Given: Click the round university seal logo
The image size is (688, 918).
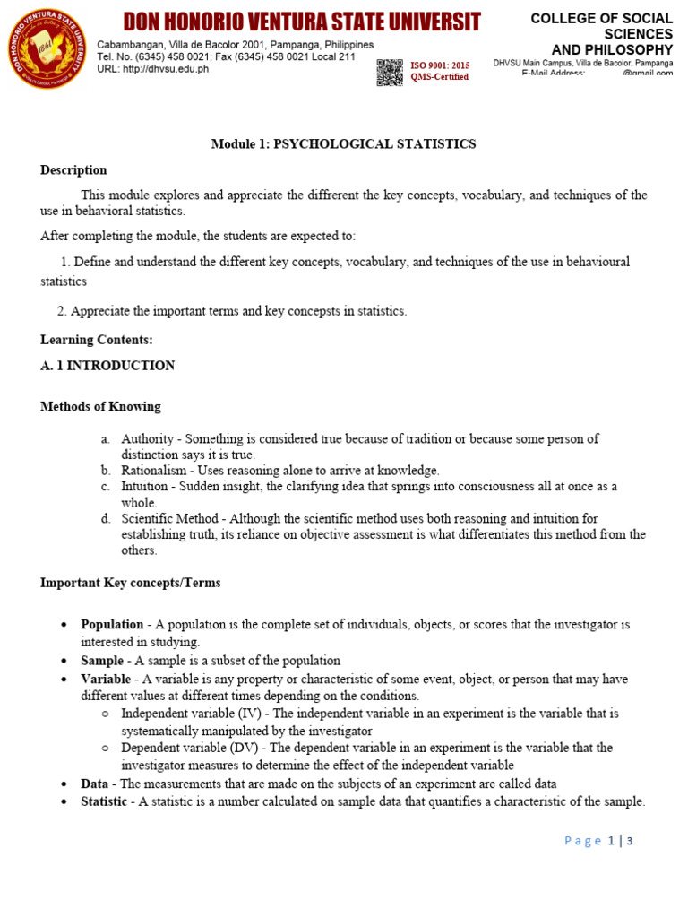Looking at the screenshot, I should coord(47,48).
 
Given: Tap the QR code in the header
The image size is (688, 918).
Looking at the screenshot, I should coord(389,72).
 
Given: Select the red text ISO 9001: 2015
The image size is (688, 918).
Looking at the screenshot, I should coord(440,65).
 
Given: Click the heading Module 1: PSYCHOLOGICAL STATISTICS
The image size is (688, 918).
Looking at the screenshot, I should coord(343,143).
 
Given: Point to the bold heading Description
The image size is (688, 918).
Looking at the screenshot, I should coord(73,170).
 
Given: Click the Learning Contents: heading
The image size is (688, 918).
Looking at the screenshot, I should coord(97,340).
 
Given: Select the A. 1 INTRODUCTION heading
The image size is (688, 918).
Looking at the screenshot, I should coord(107,366).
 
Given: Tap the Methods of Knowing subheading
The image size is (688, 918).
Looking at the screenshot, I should coord(100,406).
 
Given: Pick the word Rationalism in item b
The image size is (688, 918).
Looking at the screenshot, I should coord(153,471).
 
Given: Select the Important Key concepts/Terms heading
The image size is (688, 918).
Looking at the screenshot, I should coord(130,583).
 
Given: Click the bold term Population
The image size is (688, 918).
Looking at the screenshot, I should coord(112,624).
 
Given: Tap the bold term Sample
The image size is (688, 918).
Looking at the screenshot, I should coord(102,661).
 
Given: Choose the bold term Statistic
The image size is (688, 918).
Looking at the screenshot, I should coord(104,801).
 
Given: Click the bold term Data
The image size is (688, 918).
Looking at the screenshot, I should coord(96,784).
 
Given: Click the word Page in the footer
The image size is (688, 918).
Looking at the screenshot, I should coord(583,841).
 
